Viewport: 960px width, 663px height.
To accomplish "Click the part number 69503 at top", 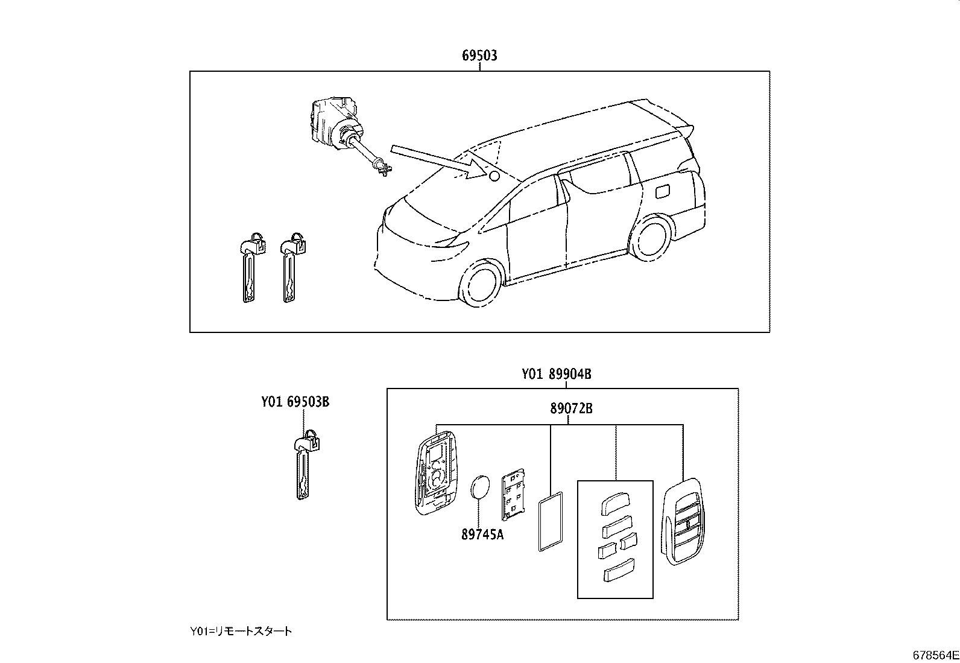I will tap(479, 56).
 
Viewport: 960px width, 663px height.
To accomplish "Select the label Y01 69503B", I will tap(295, 401).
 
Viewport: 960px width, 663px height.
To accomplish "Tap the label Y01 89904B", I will tap(556, 374).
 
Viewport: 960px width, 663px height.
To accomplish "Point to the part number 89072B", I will tap(570, 408).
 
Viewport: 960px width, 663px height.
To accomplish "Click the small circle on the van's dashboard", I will tap(493, 176).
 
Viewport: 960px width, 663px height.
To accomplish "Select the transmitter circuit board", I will tap(512, 494).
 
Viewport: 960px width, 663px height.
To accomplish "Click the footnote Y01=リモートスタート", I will tap(241, 631).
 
